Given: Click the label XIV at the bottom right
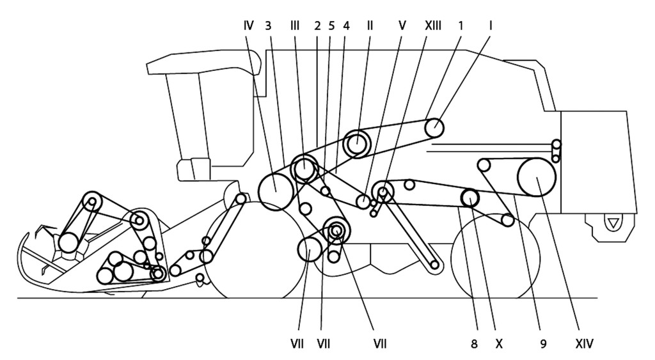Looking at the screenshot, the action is (x=584, y=344).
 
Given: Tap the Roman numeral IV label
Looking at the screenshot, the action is (x=248, y=26).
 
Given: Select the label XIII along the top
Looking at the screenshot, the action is (x=432, y=26).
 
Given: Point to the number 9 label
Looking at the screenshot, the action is (x=543, y=344).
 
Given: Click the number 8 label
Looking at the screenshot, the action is (x=474, y=344).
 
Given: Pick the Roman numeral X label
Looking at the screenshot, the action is (x=499, y=344).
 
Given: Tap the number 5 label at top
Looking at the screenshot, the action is (x=331, y=26).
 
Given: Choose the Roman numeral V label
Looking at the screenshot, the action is (x=402, y=26).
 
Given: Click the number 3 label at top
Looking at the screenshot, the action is (x=268, y=26).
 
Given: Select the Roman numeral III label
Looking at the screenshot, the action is (x=294, y=26).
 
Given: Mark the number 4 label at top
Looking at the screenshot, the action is (x=346, y=26).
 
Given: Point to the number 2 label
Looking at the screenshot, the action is (x=317, y=26).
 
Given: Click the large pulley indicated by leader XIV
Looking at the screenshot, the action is (x=537, y=178).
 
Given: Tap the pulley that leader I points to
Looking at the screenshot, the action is (x=434, y=127).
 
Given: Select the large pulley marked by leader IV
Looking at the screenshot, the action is (x=276, y=192).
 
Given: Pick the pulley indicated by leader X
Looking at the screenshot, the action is (x=470, y=198).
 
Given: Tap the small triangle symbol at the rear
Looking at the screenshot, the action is (x=612, y=223).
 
